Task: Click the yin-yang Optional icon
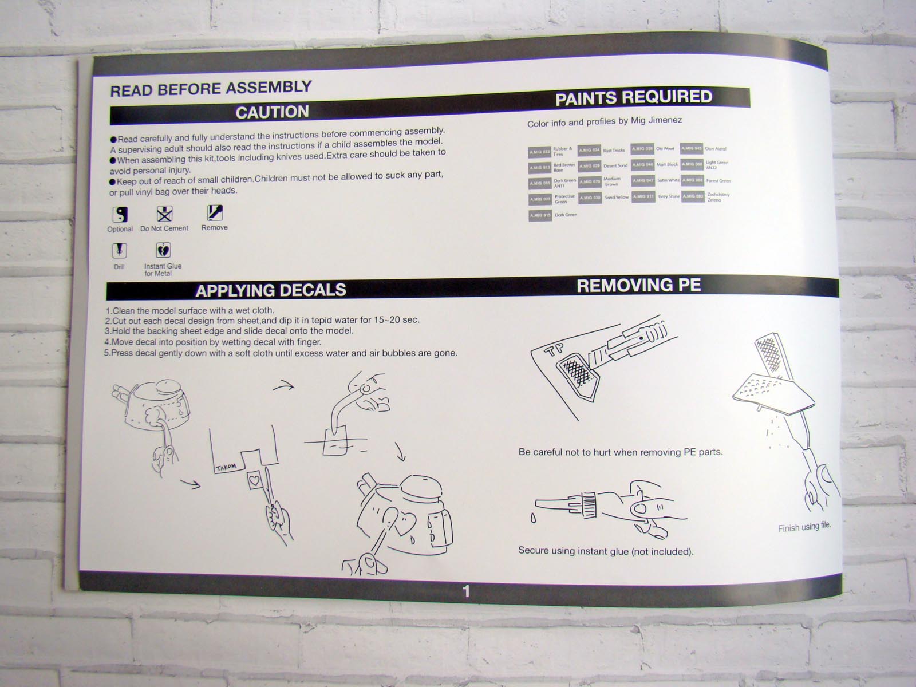[x=120, y=215]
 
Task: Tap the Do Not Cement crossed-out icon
[x=164, y=214]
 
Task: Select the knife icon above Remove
[x=215, y=213]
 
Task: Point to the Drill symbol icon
[x=119, y=251]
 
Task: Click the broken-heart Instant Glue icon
[x=163, y=250]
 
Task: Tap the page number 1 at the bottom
[x=466, y=591]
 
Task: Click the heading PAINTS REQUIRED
[x=634, y=98]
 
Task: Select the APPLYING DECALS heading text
[x=270, y=290]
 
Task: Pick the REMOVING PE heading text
[x=638, y=285]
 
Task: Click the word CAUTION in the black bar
[x=272, y=112]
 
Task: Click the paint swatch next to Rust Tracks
[x=589, y=151]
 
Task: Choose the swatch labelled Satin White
[x=642, y=180]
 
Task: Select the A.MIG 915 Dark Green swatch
[x=539, y=215]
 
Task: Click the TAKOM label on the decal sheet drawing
[x=226, y=467]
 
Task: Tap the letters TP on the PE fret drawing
[x=555, y=350]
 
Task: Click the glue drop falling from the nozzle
[x=534, y=519]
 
